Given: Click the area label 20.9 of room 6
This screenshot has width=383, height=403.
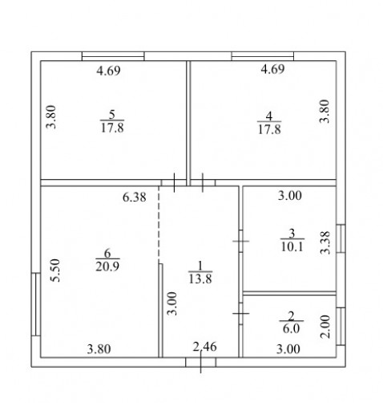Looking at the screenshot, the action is click(x=107, y=267).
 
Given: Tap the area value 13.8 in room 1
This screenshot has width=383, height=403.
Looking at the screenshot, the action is click(x=200, y=279).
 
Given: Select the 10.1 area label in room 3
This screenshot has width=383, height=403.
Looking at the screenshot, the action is click(x=292, y=246).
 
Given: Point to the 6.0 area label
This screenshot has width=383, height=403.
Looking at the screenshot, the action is click(x=291, y=328).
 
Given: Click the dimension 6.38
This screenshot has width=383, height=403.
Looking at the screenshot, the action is click(x=135, y=197).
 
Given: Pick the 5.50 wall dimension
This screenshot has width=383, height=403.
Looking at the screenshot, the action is click(x=55, y=271).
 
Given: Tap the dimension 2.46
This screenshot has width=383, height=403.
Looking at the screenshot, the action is click(x=205, y=347).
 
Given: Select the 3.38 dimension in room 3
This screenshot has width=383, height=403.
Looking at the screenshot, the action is click(x=325, y=242).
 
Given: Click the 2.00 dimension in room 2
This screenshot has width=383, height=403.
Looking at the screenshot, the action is click(x=325, y=327).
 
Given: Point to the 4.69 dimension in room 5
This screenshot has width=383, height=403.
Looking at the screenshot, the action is click(x=108, y=71).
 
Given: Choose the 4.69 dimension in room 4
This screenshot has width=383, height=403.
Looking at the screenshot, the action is click(x=272, y=69).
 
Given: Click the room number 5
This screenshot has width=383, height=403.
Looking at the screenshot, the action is click(x=112, y=115).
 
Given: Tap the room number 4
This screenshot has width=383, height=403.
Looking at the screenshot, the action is click(x=269, y=116).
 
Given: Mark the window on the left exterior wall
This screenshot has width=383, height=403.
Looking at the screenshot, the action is click(x=36, y=304).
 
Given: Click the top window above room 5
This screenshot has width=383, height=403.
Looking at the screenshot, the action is click(x=113, y=56).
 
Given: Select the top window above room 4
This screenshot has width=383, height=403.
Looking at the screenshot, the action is click(x=263, y=56).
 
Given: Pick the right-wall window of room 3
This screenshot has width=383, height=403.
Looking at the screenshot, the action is click(x=341, y=238).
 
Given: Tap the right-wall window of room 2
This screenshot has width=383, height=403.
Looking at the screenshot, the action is click(x=341, y=327).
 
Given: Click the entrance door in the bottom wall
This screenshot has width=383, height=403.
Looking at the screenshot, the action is click(x=201, y=362).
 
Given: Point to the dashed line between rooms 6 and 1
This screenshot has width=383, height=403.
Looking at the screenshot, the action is click(x=159, y=224).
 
